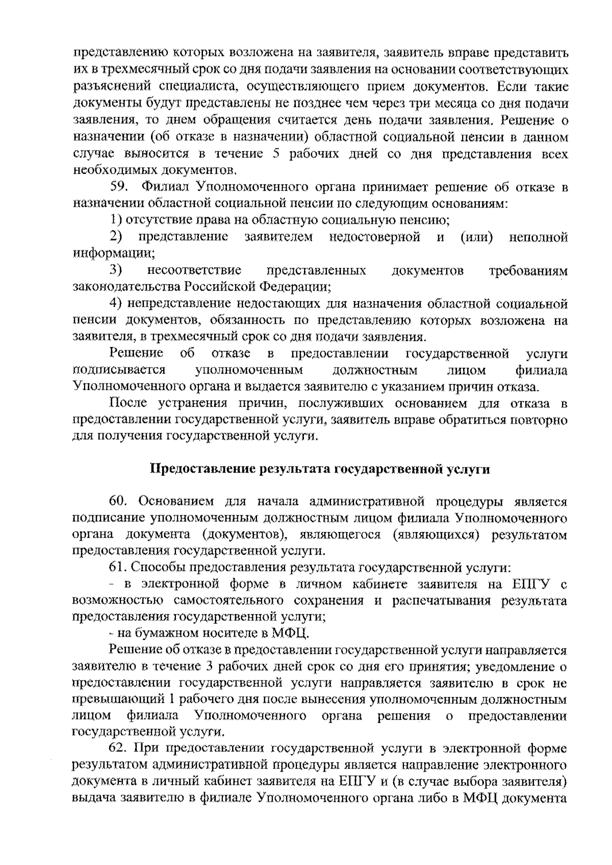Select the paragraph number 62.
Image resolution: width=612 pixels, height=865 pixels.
118,749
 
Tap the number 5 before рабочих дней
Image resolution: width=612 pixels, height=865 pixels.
276,154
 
